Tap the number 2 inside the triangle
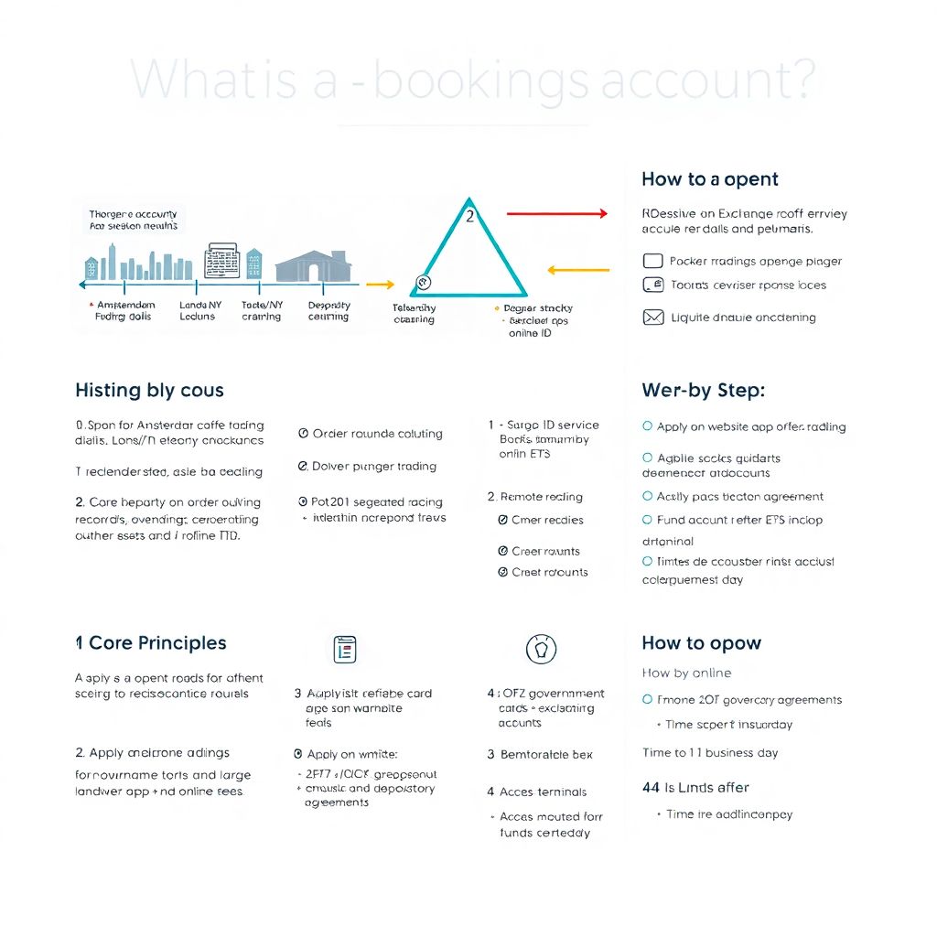click(x=469, y=217)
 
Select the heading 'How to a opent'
click(x=709, y=179)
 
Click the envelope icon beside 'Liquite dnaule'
click(x=652, y=318)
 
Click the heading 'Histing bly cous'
click(x=149, y=391)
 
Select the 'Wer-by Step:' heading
click(x=703, y=391)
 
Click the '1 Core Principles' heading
click(x=151, y=643)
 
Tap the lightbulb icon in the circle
click(x=541, y=649)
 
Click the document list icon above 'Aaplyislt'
click(x=345, y=649)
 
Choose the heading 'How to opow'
click(x=701, y=643)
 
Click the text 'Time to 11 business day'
click(x=710, y=753)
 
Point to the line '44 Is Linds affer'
click(x=695, y=787)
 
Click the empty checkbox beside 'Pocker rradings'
click(x=652, y=261)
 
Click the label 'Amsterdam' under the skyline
click(x=124, y=306)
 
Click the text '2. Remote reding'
click(x=535, y=497)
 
